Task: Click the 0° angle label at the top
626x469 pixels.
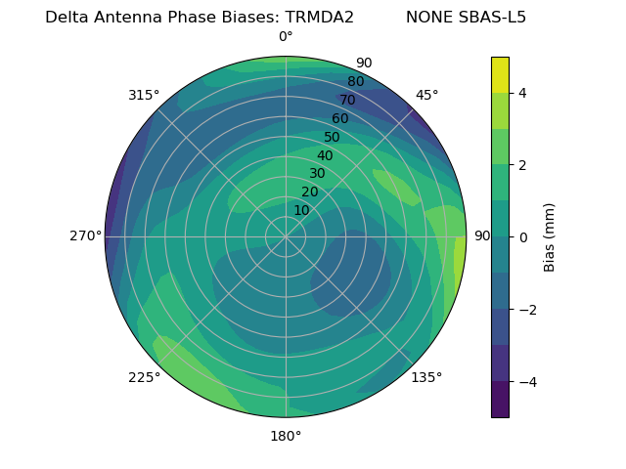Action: (x=286, y=37)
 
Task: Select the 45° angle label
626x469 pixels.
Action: (x=426, y=95)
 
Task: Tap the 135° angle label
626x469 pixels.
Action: (x=426, y=377)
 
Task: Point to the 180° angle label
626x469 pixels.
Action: (x=286, y=436)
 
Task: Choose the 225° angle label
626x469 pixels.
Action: (x=144, y=377)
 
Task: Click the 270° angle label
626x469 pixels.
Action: (x=85, y=235)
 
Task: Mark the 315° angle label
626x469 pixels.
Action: (x=144, y=95)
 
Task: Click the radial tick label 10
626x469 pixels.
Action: (x=301, y=210)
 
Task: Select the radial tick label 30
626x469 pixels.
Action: (x=317, y=174)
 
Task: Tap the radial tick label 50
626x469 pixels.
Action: (x=333, y=138)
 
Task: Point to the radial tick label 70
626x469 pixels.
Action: (x=347, y=101)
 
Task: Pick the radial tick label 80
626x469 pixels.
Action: (x=355, y=82)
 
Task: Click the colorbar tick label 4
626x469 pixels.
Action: (x=522, y=93)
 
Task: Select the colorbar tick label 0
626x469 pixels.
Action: (x=522, y=236)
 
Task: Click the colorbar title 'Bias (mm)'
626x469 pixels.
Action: (x=550, y=236)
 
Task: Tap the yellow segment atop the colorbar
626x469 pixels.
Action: (x=500, y=75)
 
